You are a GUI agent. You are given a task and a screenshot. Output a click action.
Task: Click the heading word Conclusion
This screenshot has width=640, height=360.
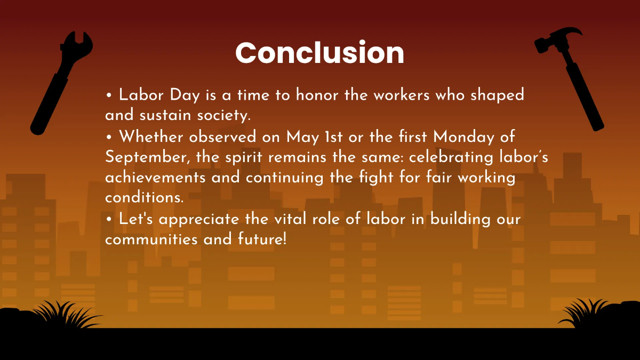pos(319,53)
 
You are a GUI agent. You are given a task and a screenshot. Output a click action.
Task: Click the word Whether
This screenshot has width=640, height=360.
pos(152,137)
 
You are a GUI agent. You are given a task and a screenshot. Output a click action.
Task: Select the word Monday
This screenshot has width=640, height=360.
pos(463,137)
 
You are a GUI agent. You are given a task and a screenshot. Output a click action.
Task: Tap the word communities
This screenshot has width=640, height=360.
pos(151,238)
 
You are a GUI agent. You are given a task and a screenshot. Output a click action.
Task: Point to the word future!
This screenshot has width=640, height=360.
pos(262,238)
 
